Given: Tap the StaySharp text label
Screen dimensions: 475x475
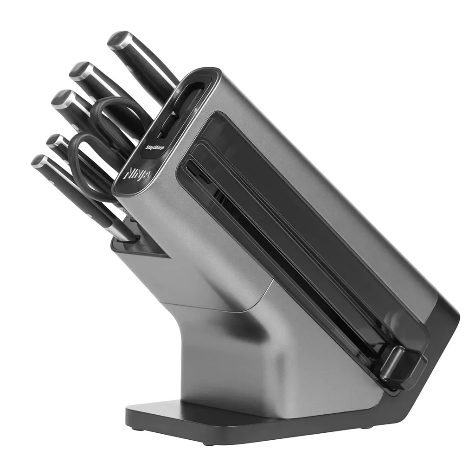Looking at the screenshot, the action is click(155, 148).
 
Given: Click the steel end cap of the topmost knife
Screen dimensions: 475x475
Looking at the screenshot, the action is click(118, 40).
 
